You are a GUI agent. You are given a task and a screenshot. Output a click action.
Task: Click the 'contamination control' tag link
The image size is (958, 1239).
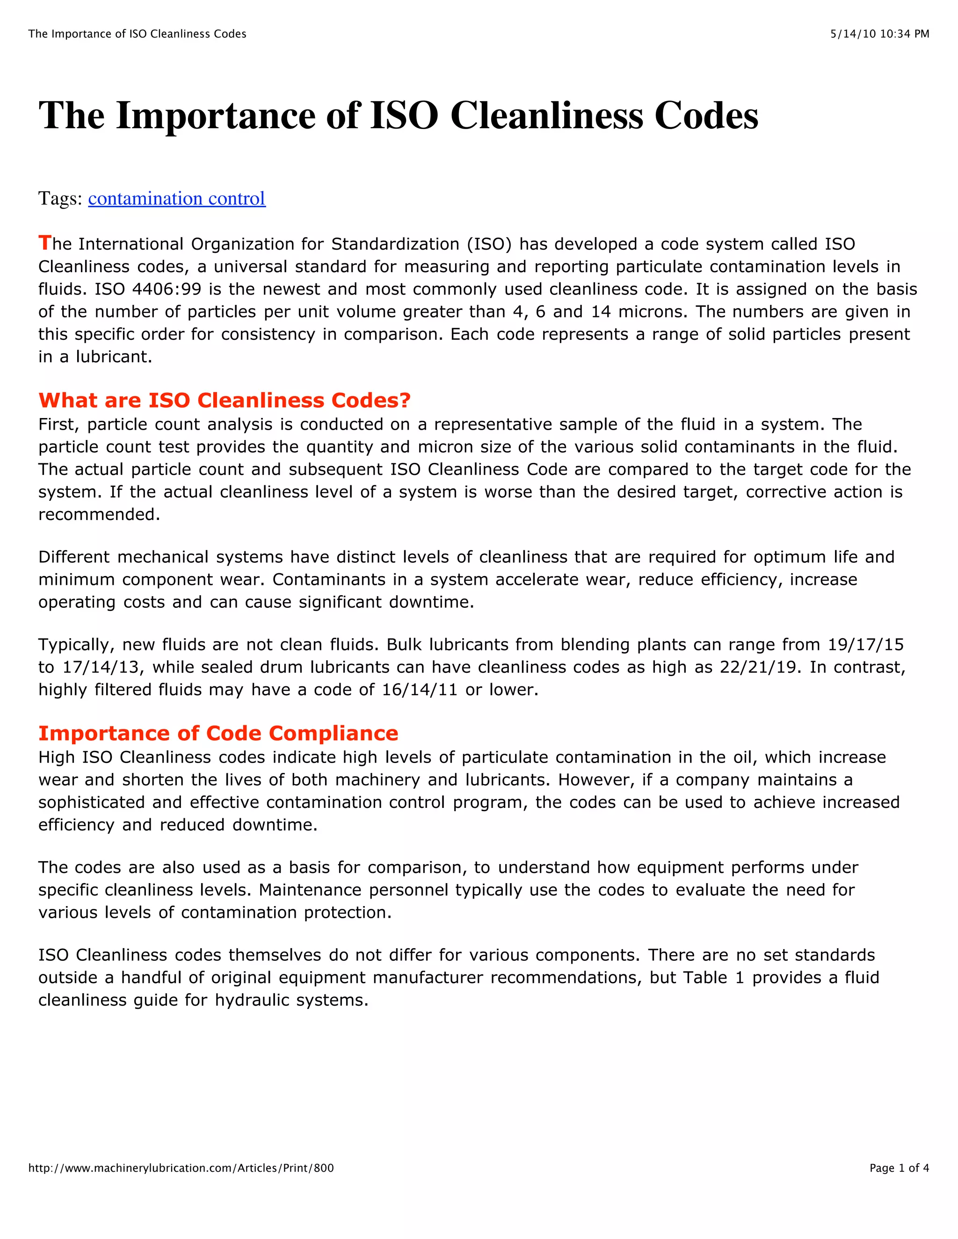tap(176, 199)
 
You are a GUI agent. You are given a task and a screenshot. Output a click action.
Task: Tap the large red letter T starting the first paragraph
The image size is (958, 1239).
tap(45, 243)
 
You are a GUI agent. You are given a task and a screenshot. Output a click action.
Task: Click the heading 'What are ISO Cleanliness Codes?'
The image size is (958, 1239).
tap(224, 401)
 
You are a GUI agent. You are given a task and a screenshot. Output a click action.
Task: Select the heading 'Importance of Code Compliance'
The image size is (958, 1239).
tap(218, 734)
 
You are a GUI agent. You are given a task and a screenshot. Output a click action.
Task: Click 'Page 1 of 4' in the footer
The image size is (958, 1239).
tap(899, 1168)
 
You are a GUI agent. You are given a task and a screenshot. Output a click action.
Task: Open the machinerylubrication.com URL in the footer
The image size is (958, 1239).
tap(181, 1168)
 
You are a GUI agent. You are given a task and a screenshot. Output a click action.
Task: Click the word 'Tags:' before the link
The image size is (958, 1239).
tap(60, 199)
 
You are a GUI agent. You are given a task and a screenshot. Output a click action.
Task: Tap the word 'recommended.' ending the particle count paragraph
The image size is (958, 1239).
tap(99, 515)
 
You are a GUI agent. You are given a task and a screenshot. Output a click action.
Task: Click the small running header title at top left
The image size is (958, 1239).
tap(138, 34)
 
